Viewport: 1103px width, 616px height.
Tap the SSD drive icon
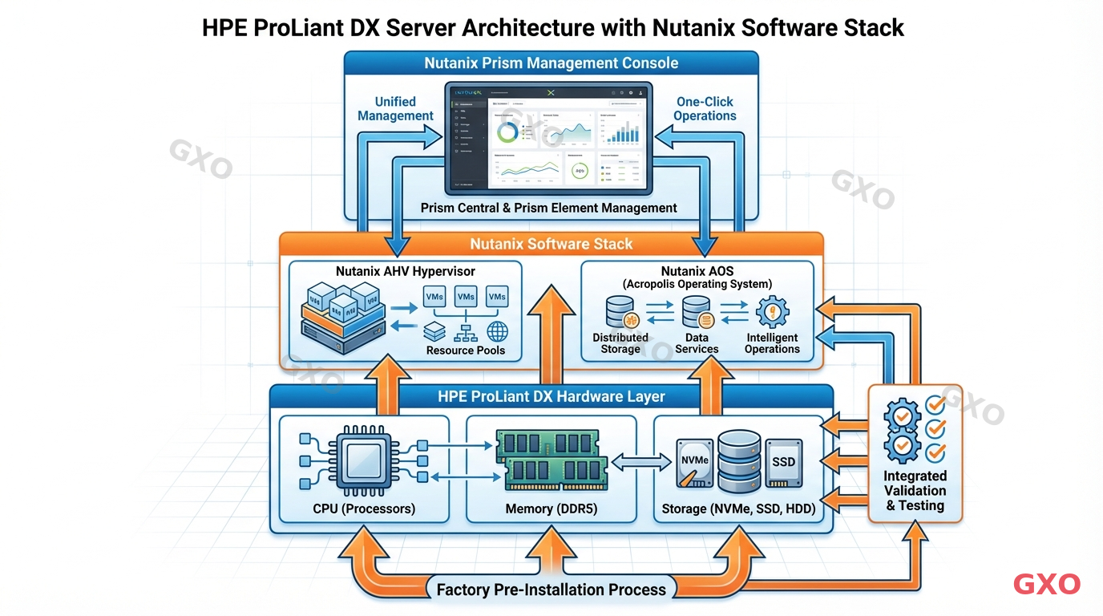pos(782,464)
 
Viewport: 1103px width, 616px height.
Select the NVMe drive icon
pos(694,464)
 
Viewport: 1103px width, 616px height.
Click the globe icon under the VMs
pos(497,331)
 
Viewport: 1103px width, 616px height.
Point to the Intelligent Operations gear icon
pos(772,311)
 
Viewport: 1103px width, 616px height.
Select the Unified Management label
pos(395,108)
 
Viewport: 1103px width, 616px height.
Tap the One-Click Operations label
pos(705,108)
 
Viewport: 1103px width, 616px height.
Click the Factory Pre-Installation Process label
pos(551,590)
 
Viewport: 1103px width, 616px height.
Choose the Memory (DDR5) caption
pos(552,509)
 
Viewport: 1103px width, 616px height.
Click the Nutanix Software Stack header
pos(551,244)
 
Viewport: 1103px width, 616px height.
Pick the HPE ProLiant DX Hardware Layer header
pos(551,396)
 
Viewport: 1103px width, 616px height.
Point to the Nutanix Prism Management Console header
pos(551,63)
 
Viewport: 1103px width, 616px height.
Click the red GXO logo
pos(1046,584)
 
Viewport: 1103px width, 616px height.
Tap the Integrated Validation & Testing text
pos(915,491)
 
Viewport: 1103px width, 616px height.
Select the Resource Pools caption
pos(466,350)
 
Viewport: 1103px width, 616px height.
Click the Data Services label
pos(696,343)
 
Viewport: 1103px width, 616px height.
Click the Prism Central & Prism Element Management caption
pos(549,208)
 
